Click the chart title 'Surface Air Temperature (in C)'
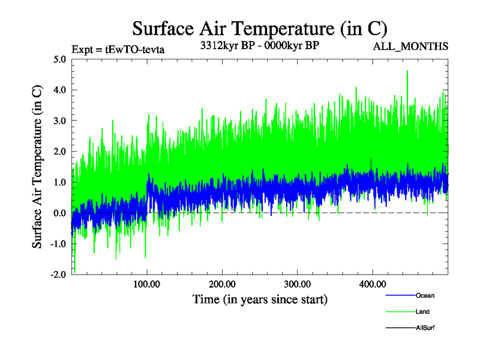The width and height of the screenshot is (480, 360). pos(259,28)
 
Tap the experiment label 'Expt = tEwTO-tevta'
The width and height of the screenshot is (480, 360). pos(118,49)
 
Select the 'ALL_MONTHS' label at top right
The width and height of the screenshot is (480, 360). pos(410,46)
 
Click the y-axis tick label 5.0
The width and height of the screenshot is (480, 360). pos(60,59)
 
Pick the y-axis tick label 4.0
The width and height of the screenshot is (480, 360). pos(60,90)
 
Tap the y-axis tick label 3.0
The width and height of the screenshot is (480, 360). pos(60,121)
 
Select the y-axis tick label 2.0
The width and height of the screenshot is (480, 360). pos(60,151)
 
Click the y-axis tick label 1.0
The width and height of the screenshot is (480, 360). pos(60,182)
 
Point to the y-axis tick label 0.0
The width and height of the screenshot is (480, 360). pos(60,213)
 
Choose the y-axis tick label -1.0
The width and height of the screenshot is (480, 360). pos(58,244)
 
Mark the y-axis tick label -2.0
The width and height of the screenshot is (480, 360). pos(58,274)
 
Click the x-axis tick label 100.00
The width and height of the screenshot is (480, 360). pos(147,283)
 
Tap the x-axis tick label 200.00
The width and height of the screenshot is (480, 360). pos(222,283)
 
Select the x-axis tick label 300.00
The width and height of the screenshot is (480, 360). pos(297,283)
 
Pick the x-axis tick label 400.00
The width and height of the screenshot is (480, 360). pos(372,283)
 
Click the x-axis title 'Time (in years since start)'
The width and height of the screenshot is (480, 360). pos(260,298)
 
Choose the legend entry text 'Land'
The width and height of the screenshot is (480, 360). pos(422,312)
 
